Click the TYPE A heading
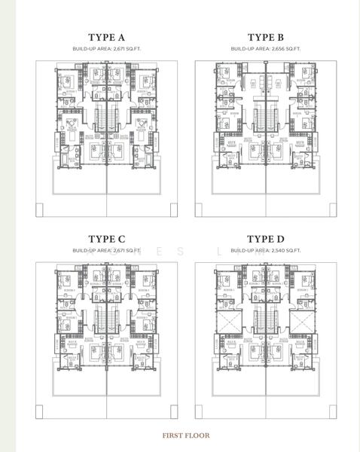[x=106, y=37]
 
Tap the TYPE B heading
[x=265, y=37]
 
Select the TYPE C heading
[x=106, y=239]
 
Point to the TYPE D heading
[x=265, y=239]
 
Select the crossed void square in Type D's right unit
[x=304, y=324]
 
